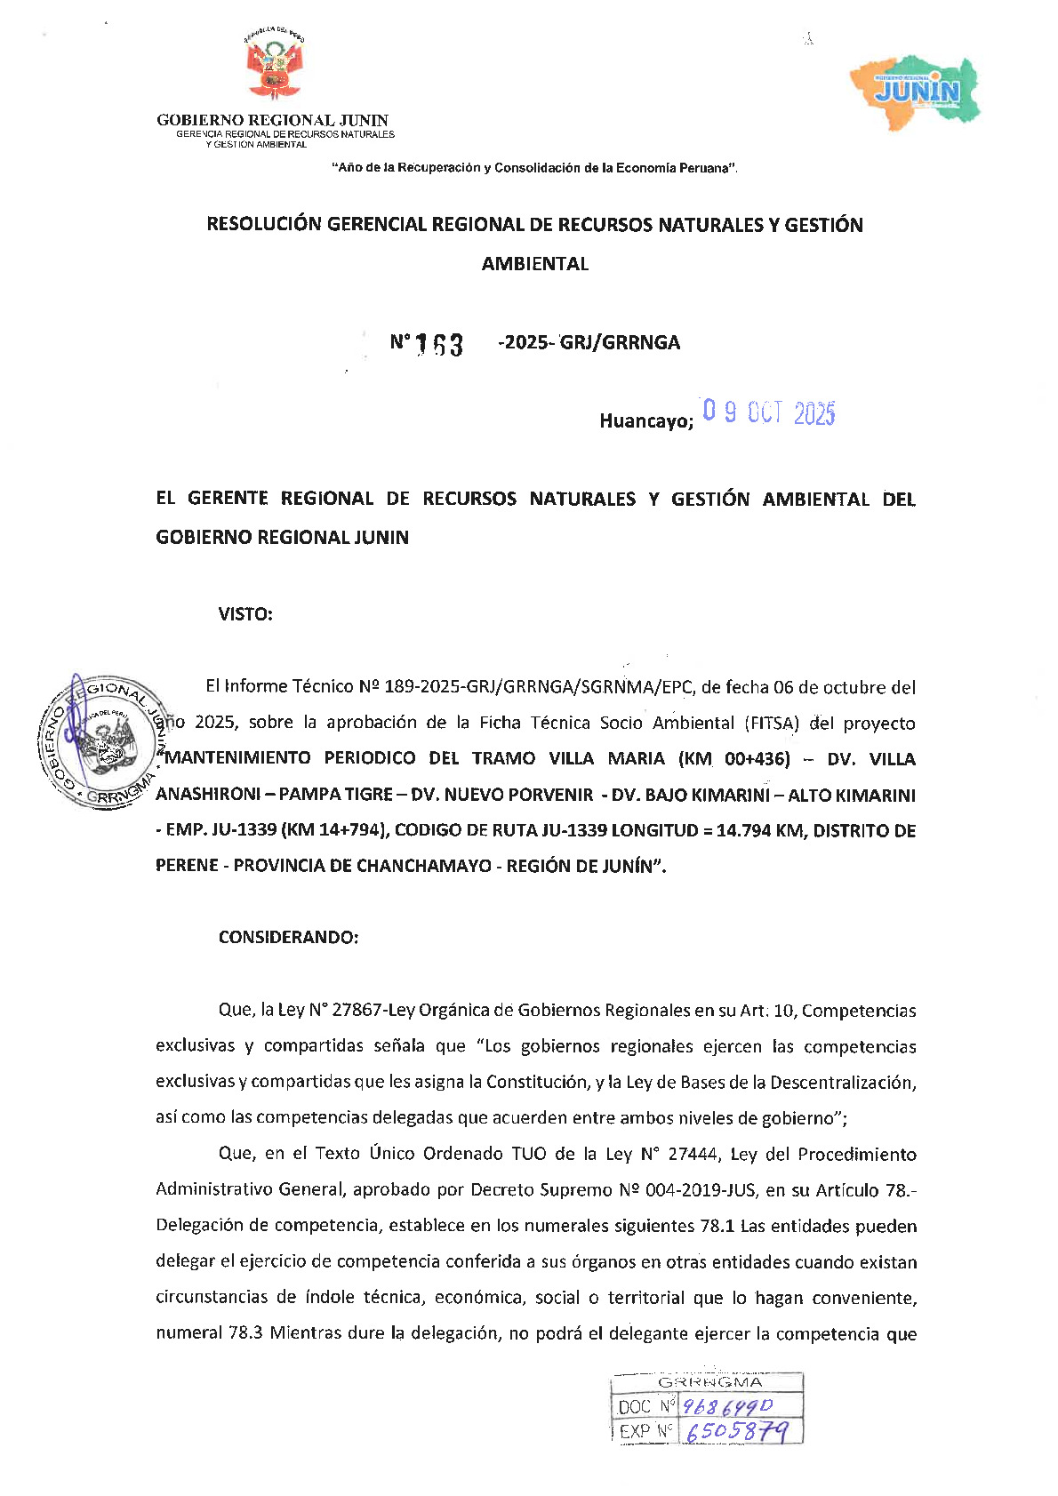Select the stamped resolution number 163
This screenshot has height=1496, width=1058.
pyautogui.click(x=439, y=344)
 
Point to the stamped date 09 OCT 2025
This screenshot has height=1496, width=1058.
pyautogui.click(x=768, y=413)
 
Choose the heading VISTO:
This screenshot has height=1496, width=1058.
pyautogui.click(x=245, y=614)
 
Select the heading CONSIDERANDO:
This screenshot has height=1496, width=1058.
pyautogui.click(x=288, y=938)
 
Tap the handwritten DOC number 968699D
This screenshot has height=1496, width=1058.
pyautogui.click(x=733, y=1405)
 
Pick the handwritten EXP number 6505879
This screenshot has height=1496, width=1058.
pyautogui.click(x=737, y=1431)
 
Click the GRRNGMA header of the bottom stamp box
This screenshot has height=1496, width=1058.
pyautogui.click(x=709, y=1382)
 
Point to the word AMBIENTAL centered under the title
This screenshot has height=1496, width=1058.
pyautogui.click(x=534, y=264)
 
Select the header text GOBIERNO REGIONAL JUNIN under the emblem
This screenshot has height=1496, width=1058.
pyautogui.click(x=272, y=120)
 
